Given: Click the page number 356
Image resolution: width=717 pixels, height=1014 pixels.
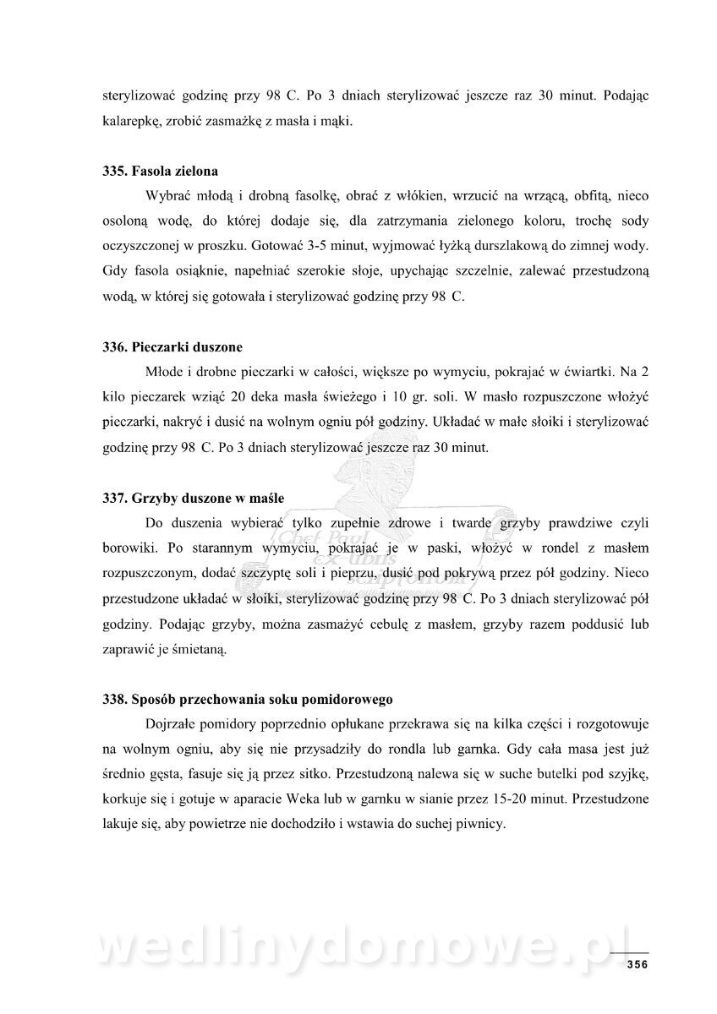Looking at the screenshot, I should (x=637, y=966).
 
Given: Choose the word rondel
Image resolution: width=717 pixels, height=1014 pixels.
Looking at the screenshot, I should (x=528, y=547).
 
